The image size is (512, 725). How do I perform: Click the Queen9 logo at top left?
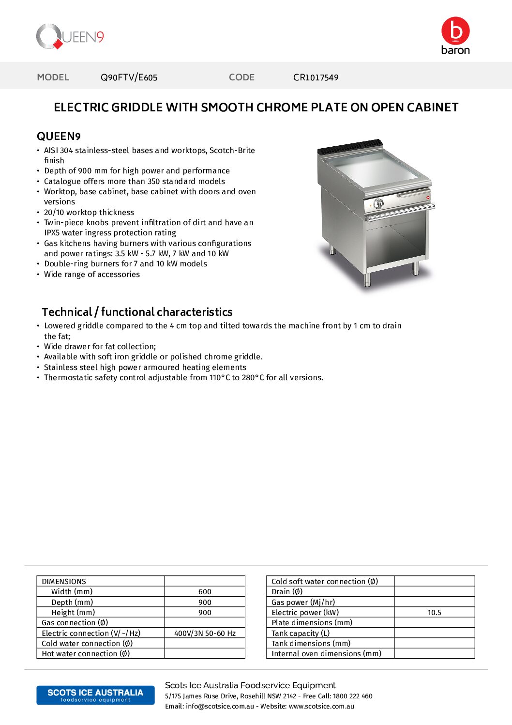70,36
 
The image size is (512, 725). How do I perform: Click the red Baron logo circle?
455,31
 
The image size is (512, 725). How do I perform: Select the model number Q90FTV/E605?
129,77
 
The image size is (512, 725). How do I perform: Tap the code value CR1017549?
316,77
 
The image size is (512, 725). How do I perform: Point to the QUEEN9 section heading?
59,137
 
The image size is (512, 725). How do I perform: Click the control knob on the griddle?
379,203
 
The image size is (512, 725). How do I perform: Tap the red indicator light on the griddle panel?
428,198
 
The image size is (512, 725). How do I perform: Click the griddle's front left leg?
367,279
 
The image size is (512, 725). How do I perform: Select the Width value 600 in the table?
205,592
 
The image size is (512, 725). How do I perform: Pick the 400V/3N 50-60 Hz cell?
205,633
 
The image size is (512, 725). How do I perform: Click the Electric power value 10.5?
434,613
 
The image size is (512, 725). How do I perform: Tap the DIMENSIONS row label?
64,581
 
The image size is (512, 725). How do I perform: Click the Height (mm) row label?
73,613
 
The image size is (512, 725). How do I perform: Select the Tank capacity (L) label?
301,633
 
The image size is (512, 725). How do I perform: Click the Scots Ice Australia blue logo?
95,695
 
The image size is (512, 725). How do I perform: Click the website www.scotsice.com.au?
321,706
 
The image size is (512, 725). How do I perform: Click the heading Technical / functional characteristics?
137,312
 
